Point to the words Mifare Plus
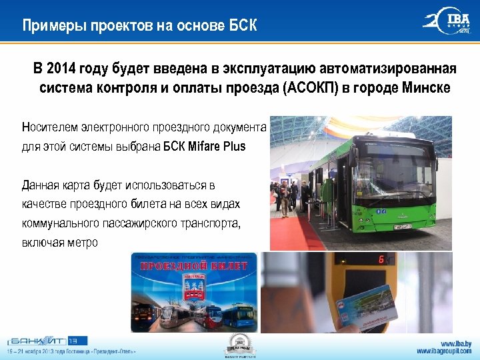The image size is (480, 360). pos(217,147)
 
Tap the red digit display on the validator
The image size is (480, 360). pos(381,260)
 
